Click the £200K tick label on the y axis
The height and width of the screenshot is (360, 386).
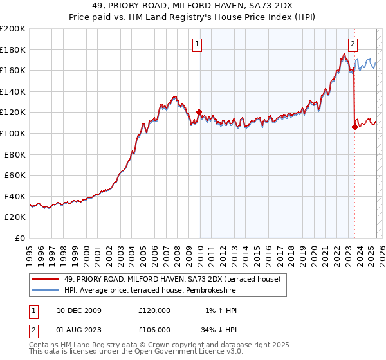pos(13,28)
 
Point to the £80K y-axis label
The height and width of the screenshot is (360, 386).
pos(15,154)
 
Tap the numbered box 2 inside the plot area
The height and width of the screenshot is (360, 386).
pos(353,44)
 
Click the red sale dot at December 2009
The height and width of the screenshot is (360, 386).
pos(199,113)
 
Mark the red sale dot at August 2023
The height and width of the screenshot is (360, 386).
pos(354,127)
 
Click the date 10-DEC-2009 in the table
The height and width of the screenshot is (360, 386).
pos(79,310)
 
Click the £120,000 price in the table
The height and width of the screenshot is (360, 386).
pos(154,310)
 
